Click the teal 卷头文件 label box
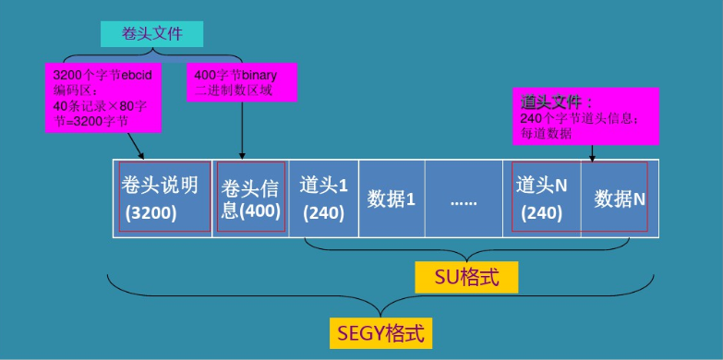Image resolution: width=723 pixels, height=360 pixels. [x=151, y=33]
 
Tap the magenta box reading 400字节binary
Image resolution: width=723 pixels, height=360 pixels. [x=242, y=81]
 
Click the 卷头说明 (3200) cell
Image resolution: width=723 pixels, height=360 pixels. [x=163, y=198]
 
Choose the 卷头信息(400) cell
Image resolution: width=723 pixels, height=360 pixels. [x=250, y=198]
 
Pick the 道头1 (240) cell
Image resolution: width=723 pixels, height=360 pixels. [x=323, y=198]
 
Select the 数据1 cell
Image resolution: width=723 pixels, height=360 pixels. [x=392, y=198]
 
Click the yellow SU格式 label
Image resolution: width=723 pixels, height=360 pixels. [x=466, y=277]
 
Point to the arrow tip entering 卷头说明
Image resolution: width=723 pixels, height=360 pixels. [x=143, y=158]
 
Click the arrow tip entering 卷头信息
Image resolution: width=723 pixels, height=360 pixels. [x=242, y=158]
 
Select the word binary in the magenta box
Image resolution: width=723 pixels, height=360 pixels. [x=267, y=73]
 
